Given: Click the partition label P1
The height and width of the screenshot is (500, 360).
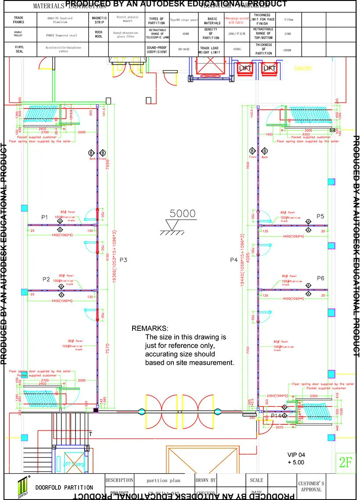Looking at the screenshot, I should tap(44, 217).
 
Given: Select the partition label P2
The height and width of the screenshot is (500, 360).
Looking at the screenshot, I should tap(46, 279).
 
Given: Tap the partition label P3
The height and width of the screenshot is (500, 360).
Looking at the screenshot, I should tap(123, 260).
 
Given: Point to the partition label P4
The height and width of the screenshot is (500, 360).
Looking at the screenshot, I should tap(234, 260).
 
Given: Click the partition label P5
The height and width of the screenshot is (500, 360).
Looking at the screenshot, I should tap(320, 216).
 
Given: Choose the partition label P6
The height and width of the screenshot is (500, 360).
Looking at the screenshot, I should tap(320, 278).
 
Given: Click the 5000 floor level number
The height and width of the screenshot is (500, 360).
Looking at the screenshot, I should tap(183, 214).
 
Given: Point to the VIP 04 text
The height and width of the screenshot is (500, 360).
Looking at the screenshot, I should tap(295, 455).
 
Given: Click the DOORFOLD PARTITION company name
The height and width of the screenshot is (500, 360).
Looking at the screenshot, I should tap(64, 487).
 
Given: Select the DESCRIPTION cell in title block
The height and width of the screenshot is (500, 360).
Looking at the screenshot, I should tap(119, 481).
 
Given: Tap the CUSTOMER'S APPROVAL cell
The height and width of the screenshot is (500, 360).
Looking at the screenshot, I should tap(311, 486).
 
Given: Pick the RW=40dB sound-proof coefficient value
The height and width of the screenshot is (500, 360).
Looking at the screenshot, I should tap(181, 49).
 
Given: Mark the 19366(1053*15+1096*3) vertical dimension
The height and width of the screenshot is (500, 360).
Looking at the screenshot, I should tap(114, 259).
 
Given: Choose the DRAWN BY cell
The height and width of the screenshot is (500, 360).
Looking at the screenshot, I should tap(205, 481).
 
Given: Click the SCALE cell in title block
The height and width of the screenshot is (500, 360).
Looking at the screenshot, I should tap(256, 481).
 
